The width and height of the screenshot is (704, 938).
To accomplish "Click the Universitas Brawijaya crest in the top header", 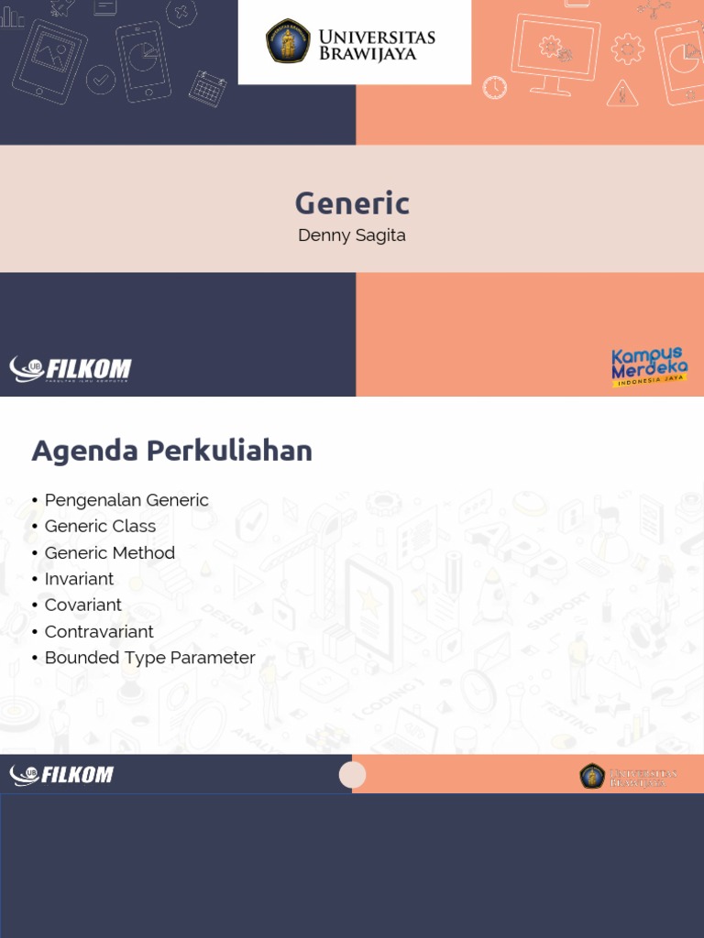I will pyautogui.click(x=288, y=41).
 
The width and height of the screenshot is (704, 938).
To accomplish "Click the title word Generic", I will pyautogui.click(x=352, y=202).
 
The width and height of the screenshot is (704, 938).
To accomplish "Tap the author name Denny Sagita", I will pyautogui.click(x=352, y=235).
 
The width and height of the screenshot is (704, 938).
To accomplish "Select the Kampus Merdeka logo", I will pyautogui.click(x=649, y=366).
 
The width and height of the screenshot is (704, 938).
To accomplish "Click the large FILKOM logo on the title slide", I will pyautogui.click(x=71, y=369).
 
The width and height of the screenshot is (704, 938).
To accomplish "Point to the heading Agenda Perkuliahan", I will pyautogui.click(x=172, y=451).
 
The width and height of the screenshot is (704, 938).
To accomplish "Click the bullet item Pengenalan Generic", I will pyautogui.click(x=126, y=500).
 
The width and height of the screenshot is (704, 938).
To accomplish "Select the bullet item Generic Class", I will pyautogui.click(x=100, y=526).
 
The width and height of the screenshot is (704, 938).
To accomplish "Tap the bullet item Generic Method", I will pyautogui.click(x=109, y=552).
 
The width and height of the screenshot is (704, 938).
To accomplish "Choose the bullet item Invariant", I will pyautogui.click(x=79, y=579).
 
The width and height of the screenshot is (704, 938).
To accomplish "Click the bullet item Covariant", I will pyautogui.click(x=82, y=605).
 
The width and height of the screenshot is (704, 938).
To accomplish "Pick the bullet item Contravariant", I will pyautogui.click(x=99, y=631).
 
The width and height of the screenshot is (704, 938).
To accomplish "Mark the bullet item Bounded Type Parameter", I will pyautogui.click(x=149, y=658).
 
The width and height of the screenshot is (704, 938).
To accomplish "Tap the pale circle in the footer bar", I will pyautogui.click(x=352, y=775).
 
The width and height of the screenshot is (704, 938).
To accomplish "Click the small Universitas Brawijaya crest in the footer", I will pyautogui.click(x=592, y=776).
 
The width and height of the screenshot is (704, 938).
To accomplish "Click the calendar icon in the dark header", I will pyautogui.click(x=208, y=89).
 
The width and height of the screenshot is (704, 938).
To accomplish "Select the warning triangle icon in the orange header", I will pyautogui.click(x=622, y=93).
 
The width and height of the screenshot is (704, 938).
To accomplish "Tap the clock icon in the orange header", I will pyautogui.click(x=495, y=87).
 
